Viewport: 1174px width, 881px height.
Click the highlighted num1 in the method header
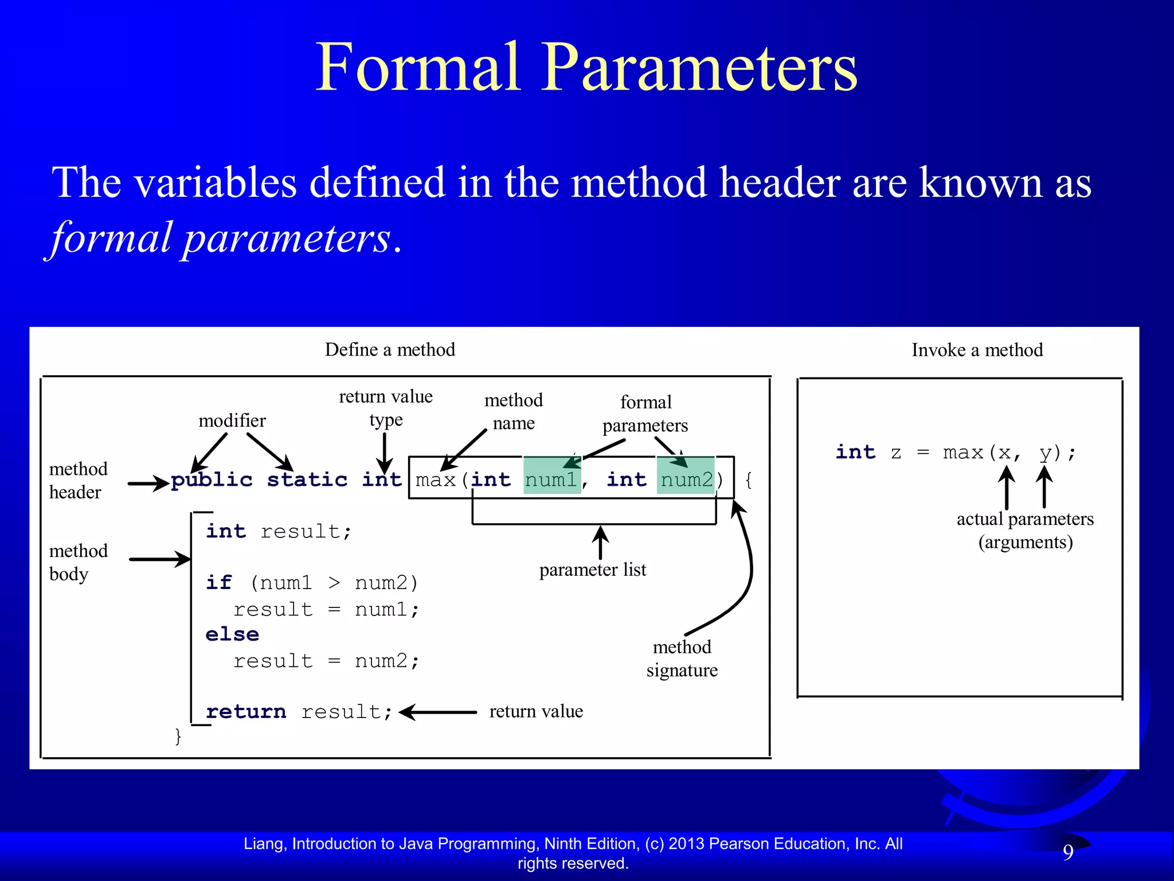click(x=551, y=480)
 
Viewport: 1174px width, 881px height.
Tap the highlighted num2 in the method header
click(x=686, y=480)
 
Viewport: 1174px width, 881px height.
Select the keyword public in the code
click(x=212, y=480)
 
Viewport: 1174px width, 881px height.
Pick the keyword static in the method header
click(x=307, y=480)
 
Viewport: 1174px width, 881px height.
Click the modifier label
click(x=232, y=420)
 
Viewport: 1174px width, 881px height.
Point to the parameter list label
click(x=592, y=570)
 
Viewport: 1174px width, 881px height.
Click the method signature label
click(x=682, y=658)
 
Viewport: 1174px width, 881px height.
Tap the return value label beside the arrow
click(x=536, y=711)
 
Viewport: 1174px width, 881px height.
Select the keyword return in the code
click(x=246, y=712)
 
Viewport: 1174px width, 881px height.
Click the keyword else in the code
click(x=232, y=634)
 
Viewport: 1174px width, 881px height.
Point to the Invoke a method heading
click(x=977, y=350)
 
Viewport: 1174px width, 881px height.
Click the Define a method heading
click(x=390, y=349)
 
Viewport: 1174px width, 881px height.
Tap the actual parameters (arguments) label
click(x=1025, y=530)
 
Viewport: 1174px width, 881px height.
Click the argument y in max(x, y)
click(x=1046, y=453)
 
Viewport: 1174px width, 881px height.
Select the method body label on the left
click(x=78, y=562)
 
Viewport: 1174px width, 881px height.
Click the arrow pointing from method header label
click(x=148, y=484)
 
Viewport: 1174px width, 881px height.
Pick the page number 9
click(x=1068, y=852)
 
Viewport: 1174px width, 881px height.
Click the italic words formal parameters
click(x=221, y=237)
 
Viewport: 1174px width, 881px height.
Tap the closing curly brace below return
click(x=178, y=736)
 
